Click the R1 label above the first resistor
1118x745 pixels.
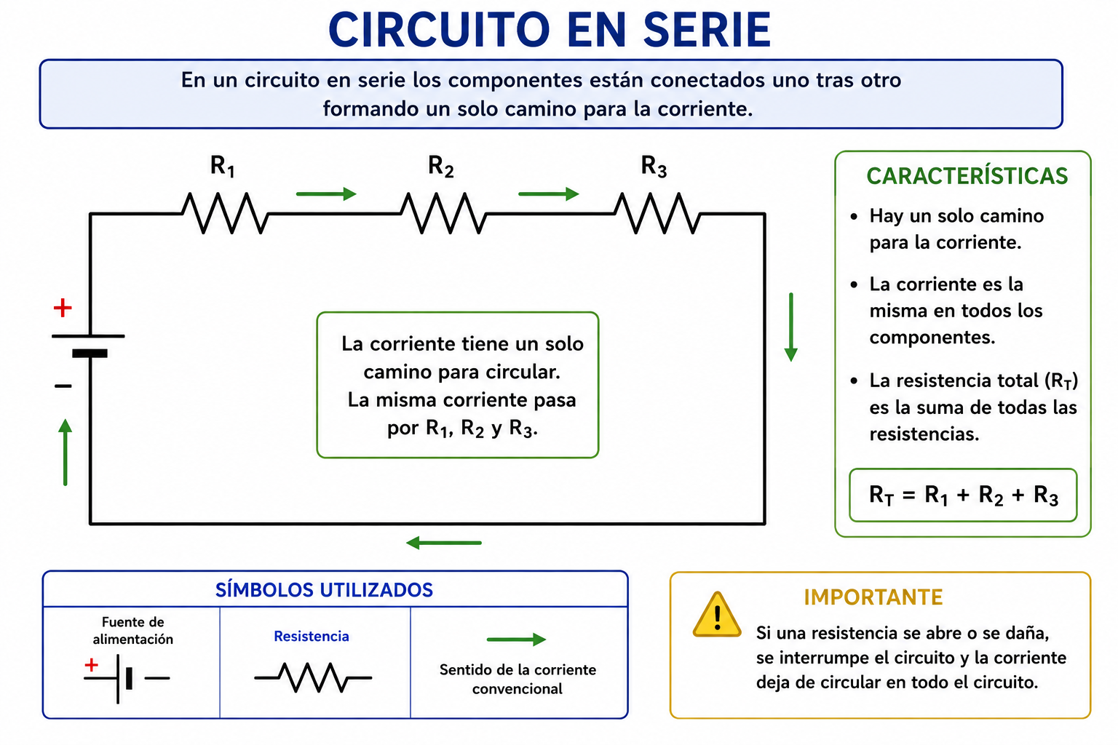(222, 166)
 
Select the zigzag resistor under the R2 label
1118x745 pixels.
(443, 214)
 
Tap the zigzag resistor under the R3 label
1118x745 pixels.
(657, 214)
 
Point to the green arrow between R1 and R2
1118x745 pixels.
(326, 194)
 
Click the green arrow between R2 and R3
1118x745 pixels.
(549, 194)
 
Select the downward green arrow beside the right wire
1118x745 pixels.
(791, 327)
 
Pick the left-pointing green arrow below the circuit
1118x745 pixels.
(444, 543)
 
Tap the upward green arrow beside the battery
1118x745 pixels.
(66, 452)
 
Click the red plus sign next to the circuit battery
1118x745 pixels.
(63, 308)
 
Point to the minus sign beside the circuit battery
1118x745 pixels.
(63, 386)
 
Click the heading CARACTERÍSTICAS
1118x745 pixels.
(967, 176)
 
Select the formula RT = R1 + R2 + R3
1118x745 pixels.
(964, 495)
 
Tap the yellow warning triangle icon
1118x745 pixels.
(717, 615)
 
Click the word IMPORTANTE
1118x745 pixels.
(873, 597)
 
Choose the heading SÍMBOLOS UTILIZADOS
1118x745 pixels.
(324, 590)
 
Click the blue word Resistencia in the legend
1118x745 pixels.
(312, 636)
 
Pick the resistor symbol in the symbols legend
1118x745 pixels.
(313, 677)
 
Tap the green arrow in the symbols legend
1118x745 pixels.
(517, 640)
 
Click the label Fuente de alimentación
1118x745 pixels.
(132, 631)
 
